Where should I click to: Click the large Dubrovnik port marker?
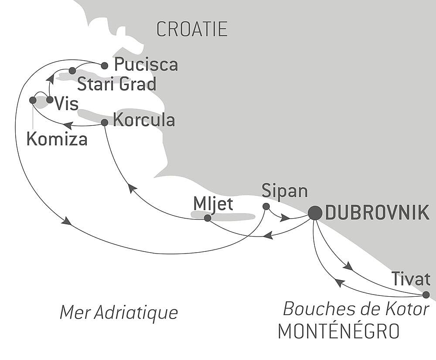(315, 213)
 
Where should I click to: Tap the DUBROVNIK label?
(377, 213)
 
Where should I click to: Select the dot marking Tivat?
(426, 295)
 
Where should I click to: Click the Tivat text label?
(411, 278)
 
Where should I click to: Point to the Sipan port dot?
(266, 206)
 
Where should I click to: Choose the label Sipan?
(285, 191)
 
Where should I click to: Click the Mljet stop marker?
(208, 218)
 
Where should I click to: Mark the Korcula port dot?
(104, 123)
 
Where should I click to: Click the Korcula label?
(144, 120)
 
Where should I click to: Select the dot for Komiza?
(33, 100)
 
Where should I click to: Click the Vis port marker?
(50, 100)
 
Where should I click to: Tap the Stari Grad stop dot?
(72, 70)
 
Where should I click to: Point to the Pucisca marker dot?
(104, 66)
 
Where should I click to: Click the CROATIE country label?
(192, 29)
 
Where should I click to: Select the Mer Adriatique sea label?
(119, 312)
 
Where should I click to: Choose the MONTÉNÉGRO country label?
(338, 332)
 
